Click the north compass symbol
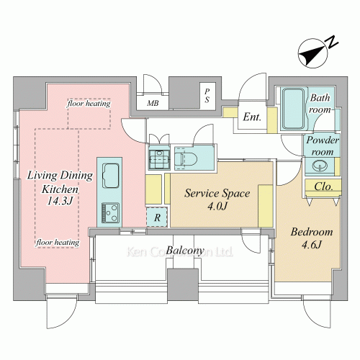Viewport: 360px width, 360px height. coord(313,53)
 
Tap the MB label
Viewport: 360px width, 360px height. coord(153,103)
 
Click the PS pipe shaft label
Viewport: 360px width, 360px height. coord(207,96)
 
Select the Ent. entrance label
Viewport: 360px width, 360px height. coord(252,117)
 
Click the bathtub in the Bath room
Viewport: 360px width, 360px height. coord(293,109)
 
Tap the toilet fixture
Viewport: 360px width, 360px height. coord(186,158)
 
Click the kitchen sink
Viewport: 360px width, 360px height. coord(111,176)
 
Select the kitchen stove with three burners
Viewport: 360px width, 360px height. coord(110,213)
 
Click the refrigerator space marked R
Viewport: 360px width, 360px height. coord(157,217)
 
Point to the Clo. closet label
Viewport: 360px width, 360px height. coord(323,186)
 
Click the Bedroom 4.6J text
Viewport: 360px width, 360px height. coord(312,238)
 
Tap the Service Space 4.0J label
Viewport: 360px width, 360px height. coord(217,199)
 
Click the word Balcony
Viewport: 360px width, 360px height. coord(185,251)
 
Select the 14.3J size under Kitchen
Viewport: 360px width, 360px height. coord(60,201)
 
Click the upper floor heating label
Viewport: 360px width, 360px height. coord(89,104)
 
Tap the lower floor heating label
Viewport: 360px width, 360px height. coord(58,243)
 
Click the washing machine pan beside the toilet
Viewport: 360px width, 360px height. coord(159,157)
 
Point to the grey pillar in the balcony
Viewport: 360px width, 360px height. coord(183,284)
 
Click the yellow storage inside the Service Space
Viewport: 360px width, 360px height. coord(266,206)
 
